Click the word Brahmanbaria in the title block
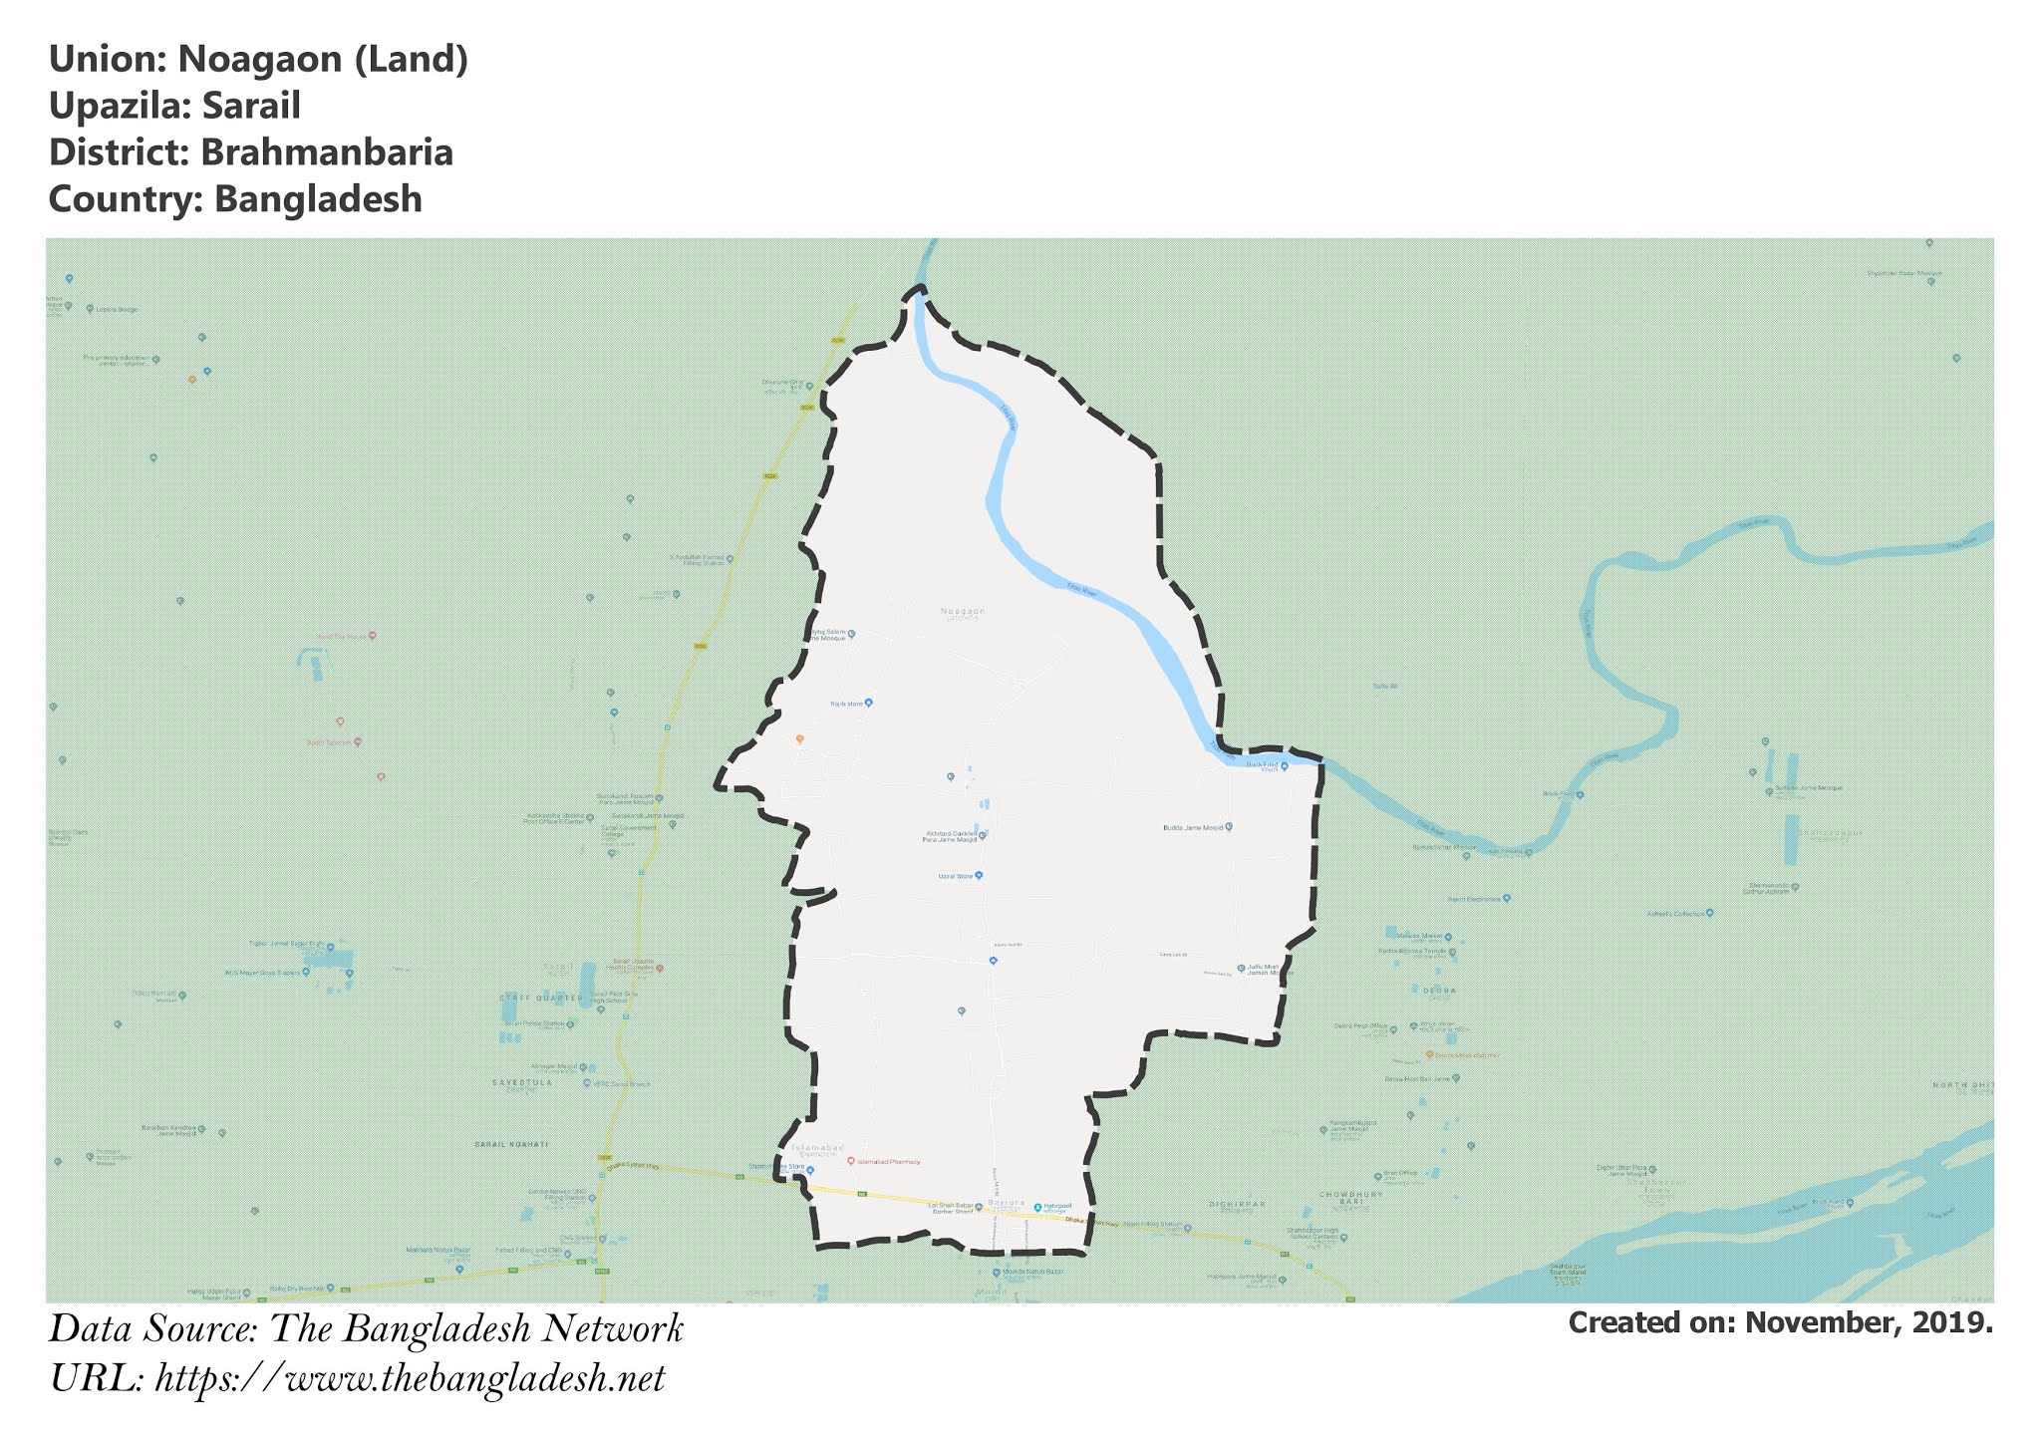point(326,152)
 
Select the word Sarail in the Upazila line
point(251,106)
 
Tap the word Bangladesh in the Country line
point(318,199)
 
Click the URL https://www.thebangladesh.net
point(410,1379)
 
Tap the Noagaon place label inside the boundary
point(962,611)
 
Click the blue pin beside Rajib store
point(869,703)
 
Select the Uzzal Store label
point(955,876)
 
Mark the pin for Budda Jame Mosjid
point(1229,826)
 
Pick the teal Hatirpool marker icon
point(1036,1207)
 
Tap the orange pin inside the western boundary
point(799,738)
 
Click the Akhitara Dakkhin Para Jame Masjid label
point(949,836)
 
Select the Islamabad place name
point(817,1148)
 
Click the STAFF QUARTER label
point(541,998)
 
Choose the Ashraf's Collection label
point(1675,913)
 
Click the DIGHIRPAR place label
point(1236,1204)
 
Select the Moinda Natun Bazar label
point(1028,1272)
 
